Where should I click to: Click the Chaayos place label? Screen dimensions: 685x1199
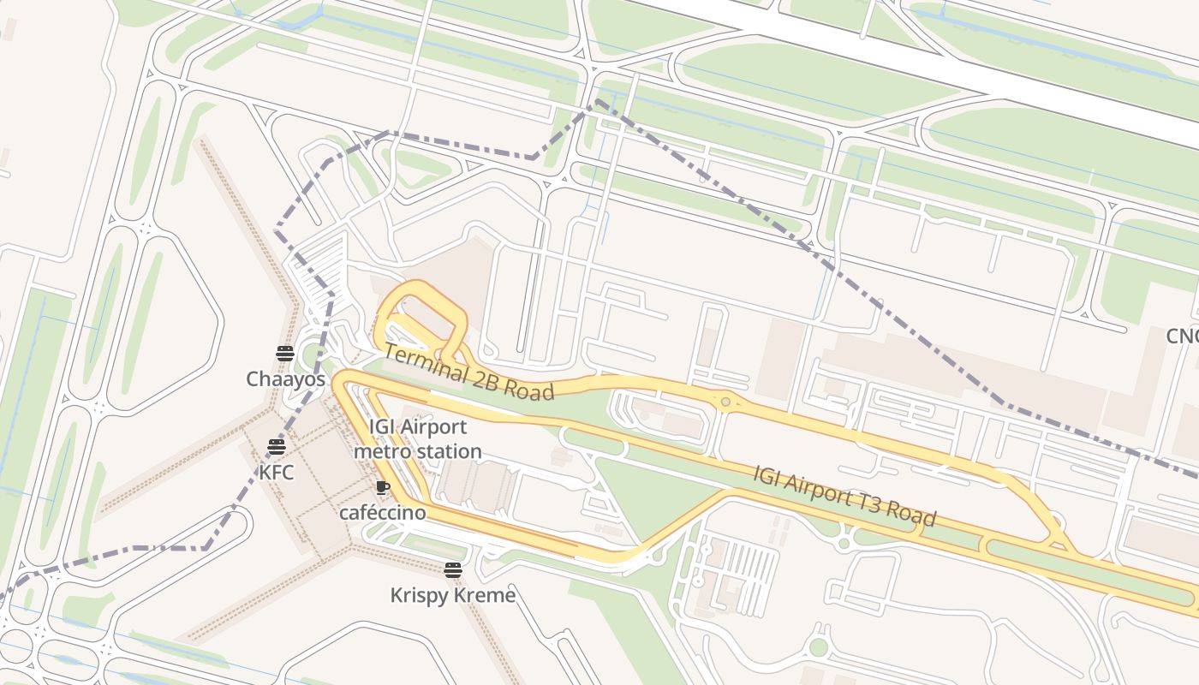click(285, 378)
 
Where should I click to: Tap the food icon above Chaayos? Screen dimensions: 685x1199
click(285, 354)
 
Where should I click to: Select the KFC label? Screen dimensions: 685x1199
click(276, 471)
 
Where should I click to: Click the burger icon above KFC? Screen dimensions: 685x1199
click(276, 446)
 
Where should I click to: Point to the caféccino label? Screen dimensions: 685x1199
click(382, 513)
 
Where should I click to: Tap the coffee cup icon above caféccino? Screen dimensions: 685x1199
click(382, 488)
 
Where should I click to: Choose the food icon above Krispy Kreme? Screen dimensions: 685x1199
click(453, 570)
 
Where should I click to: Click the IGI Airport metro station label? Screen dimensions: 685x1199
click(418, 439)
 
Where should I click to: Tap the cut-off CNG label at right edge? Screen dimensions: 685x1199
click(1183, 337)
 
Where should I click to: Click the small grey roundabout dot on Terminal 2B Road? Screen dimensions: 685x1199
click(726, 402)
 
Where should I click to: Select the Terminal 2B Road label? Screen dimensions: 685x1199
click(468, 372)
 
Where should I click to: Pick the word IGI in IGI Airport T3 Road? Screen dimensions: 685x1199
click(767, 474)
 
